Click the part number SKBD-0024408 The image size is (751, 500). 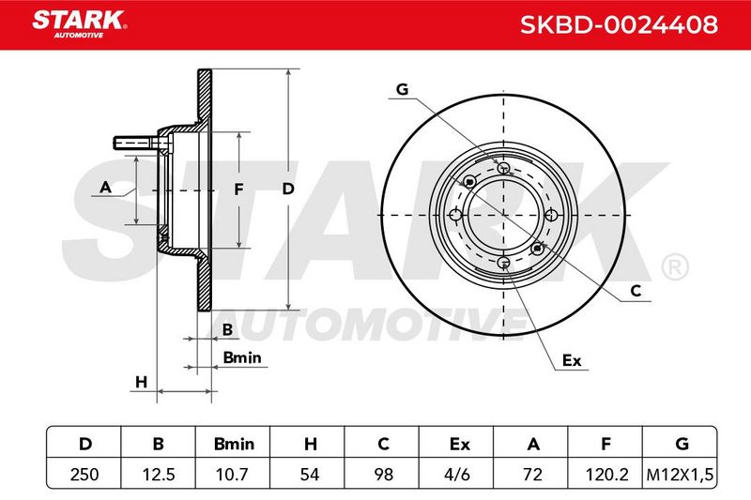click(x=619, y=24)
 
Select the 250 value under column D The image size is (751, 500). click(x=84, y=474)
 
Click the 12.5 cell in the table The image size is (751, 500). click(x=159, y=474)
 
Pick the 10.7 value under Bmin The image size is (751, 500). click(x=233, y=474)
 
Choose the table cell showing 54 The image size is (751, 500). click(x=310, y=474)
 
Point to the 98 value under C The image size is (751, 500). click(x=383, y=474)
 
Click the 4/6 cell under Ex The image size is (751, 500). click(x=457, y=474)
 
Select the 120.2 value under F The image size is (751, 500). click(x=606, y=474)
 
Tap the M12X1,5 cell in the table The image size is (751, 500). click(x=680, y=475)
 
